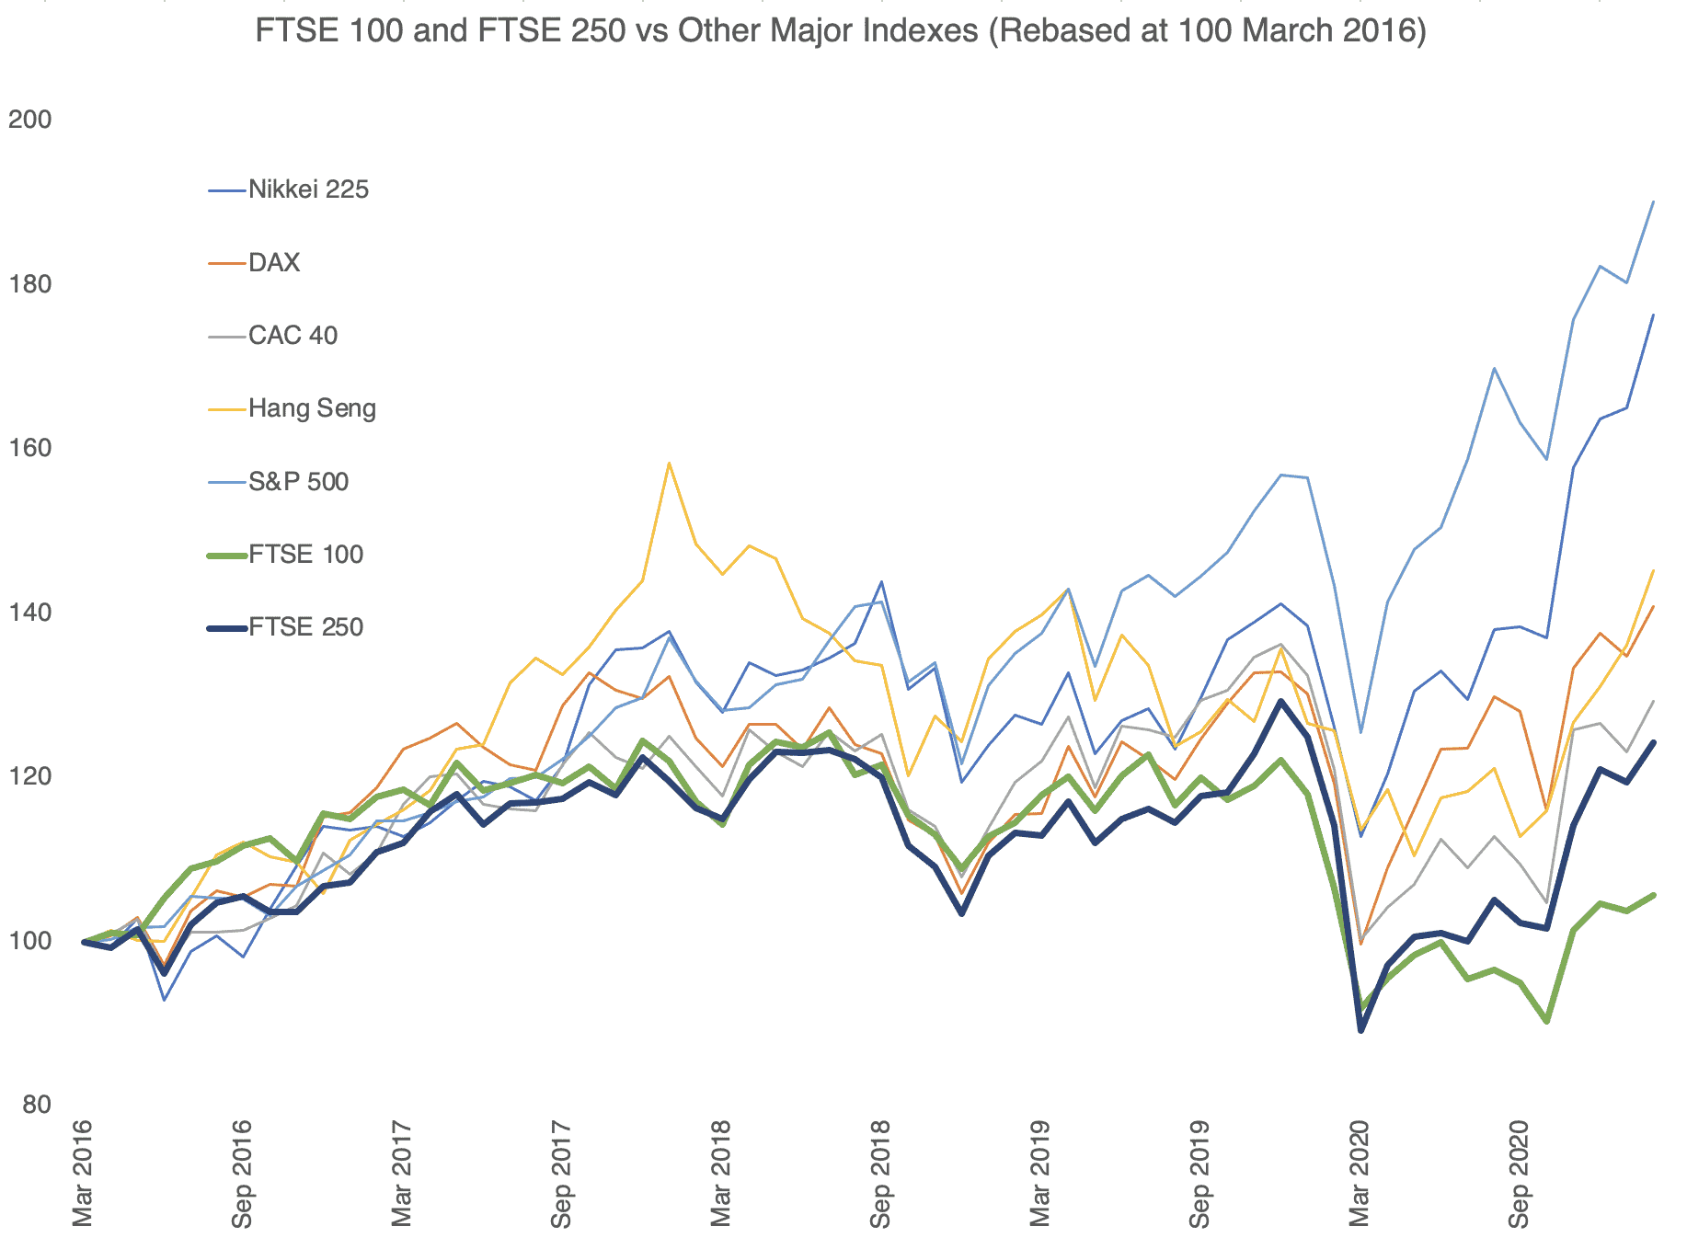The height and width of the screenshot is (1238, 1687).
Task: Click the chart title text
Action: tap(840, 31)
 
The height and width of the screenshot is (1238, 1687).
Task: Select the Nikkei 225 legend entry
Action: tap(308, 190)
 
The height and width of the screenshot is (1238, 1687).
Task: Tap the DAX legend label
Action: tap(274, 263)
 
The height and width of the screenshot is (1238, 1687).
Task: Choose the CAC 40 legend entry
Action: tap(293, 336)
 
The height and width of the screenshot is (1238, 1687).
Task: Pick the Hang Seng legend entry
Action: tap(312, 408)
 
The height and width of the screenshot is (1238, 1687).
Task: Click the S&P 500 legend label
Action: tap(298, 481)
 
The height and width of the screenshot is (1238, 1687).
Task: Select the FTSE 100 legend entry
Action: tap(305, 555)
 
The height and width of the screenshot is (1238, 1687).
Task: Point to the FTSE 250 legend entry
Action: tap(305, 627)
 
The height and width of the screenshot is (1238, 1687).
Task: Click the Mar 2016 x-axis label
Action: tap(83, 1173)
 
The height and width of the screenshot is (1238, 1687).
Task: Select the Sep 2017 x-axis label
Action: tap(561, 1173)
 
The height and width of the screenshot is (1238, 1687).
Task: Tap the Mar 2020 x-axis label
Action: tap(1360, 1173)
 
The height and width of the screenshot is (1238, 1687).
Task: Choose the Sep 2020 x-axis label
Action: tap(1519, 1173)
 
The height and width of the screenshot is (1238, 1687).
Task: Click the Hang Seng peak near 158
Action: tap(669, 463)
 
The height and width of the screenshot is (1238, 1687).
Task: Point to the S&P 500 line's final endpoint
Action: tap(1653, 201)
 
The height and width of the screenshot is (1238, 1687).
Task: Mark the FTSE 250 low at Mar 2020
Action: tap(1360, 1030)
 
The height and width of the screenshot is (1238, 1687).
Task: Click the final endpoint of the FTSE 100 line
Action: tap(1653, 895)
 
